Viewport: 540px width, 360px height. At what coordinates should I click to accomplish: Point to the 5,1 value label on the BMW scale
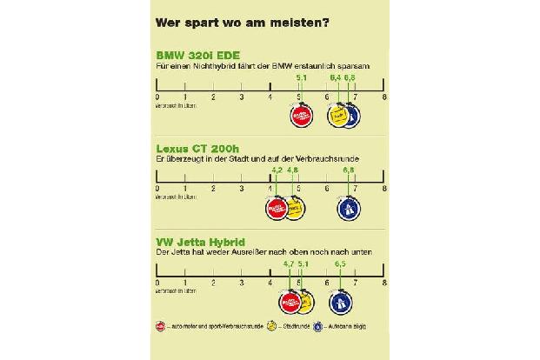click(302, 78)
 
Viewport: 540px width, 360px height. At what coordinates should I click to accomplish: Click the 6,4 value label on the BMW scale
click(335, 78)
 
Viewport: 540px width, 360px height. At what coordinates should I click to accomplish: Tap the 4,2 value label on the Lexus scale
click(277, 170)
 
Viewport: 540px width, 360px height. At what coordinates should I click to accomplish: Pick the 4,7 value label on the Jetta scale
click(289, 263)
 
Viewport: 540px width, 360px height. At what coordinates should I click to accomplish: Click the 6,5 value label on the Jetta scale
click(340, 263)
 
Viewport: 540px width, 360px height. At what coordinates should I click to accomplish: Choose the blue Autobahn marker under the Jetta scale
click(341, 301)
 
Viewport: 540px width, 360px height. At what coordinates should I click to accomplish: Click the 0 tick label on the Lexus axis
click(157, 190)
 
